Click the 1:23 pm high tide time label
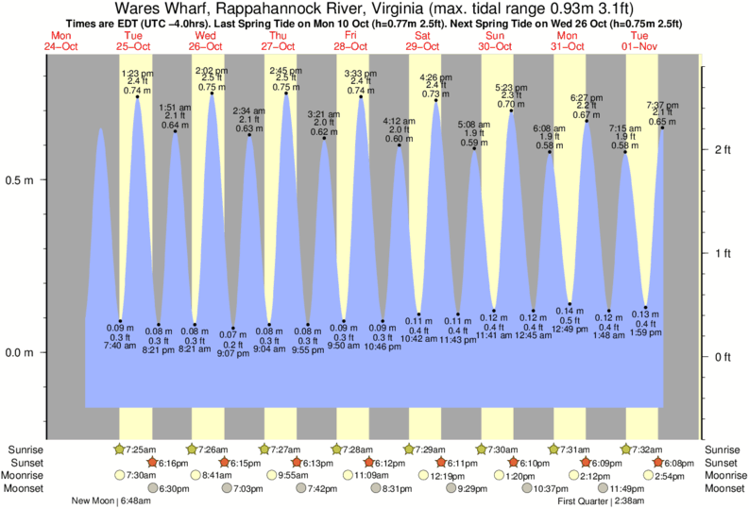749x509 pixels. (138, 73)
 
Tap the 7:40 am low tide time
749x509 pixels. (121, 347)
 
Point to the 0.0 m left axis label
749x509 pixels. (20, 352)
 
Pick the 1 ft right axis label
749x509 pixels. (722, 253)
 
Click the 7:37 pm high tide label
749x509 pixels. (661, 104)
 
